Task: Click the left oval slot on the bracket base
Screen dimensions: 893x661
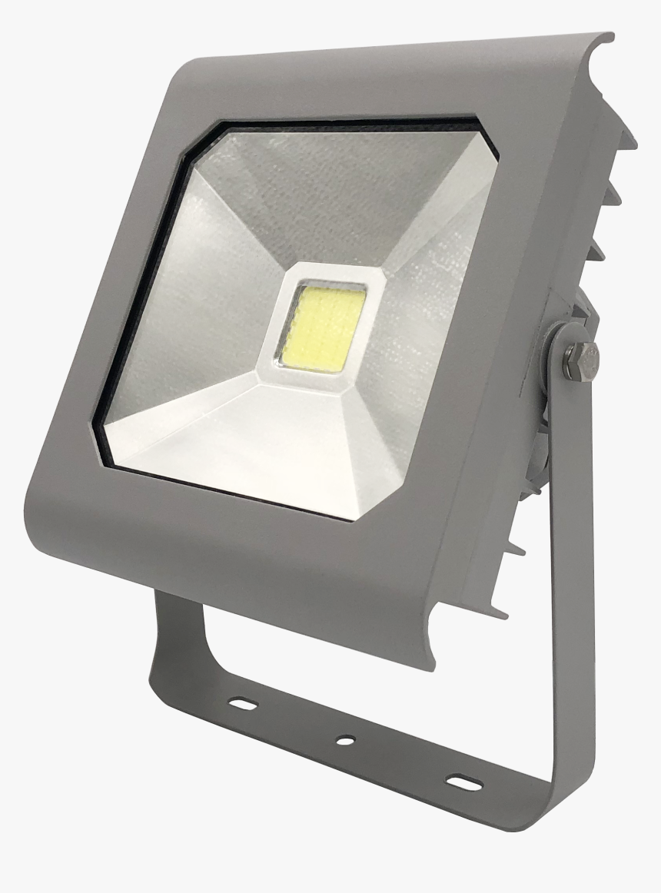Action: (x=243, y=703)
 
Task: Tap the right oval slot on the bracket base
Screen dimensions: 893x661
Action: (x=462, y=781)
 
